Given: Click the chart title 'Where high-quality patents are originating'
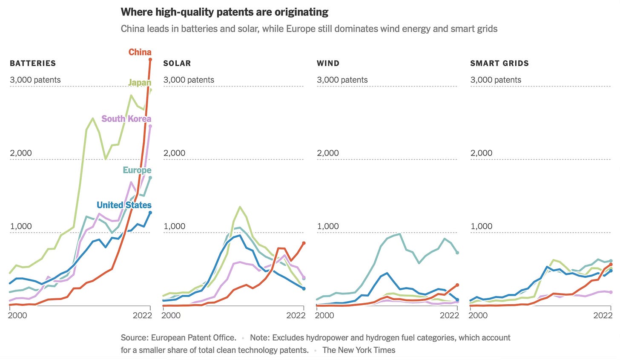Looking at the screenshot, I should [x=224, y=12].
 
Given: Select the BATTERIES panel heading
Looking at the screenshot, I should [x=33, y=63].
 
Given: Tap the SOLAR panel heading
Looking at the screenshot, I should [x=177, y=63].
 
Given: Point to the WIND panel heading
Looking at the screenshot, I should [x=328, y=63].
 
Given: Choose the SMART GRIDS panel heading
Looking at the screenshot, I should [x=499, y=63].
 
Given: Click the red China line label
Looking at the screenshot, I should [x=140, y=52].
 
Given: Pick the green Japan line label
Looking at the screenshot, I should [x=140, y=83].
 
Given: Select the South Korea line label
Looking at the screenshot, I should [x=126, y=119].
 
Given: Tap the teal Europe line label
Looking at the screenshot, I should [x=137, y=170].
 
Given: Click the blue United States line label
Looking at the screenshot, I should [x=124, y=205].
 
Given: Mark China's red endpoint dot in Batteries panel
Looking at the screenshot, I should [x=150, y=60].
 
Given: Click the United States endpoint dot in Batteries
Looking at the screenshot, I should [x=150, y=213].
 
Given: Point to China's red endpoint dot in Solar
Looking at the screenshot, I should [x=304, y=243].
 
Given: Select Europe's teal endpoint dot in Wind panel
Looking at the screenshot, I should [x=457, y=253].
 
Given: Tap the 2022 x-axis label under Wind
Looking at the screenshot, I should [x=449, y=316].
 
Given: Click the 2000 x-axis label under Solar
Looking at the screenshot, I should [x=171, y=316].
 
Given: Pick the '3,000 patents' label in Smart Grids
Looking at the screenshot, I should [x=496, y=80].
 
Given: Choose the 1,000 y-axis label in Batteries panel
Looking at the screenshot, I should [x=21, y=226].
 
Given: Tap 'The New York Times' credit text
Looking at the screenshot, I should [x=359, y=350].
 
